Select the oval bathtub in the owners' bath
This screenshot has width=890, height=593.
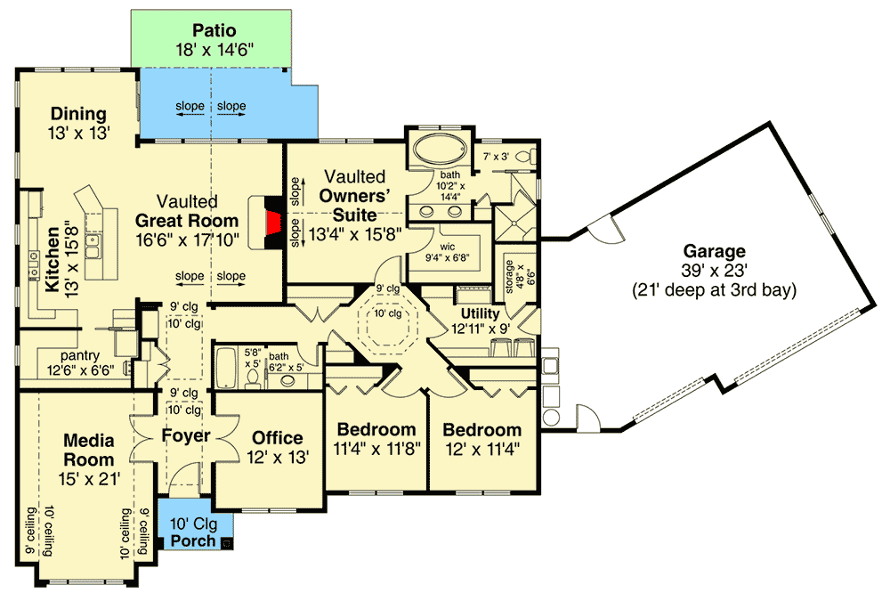tap(437, 147)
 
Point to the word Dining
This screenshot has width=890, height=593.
tap(78, 114)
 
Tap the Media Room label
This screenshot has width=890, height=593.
tap(88, 450)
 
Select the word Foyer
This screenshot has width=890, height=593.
tap(185, 436)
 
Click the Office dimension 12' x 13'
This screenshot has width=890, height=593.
tap(278, 458)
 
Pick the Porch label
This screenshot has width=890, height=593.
tap(192, 540)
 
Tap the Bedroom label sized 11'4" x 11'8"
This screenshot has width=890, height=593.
tap(376, 429)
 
